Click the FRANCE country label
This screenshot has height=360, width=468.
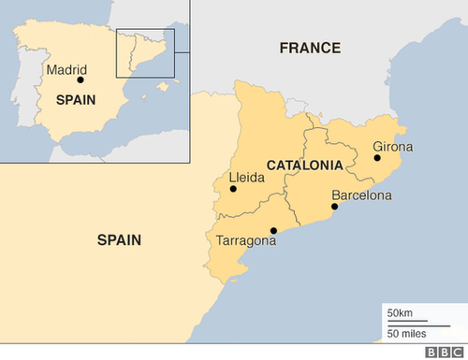click(310, 48)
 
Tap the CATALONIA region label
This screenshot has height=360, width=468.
click(305, 165)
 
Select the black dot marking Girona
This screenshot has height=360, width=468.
click(377, 158)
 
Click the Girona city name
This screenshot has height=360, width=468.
click(393, 147)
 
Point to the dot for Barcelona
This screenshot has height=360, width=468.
click(334, 206)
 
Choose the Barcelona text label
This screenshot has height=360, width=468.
click(361, 195)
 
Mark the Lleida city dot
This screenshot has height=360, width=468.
click(233, 189)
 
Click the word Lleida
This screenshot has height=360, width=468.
click(247, 177)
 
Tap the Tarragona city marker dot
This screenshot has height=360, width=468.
click(274, 231)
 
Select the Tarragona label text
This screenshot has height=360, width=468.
click(246, 241)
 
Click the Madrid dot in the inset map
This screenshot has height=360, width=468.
click(80, 80)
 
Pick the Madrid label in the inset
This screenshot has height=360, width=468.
click(67, 70)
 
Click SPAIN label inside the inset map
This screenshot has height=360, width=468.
click(76, 100)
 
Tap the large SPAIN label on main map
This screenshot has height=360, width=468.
click(119, 240)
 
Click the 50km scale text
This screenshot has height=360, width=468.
click(400, 313)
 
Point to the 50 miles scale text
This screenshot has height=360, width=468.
click(406, 333)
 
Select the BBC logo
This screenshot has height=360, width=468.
click(444, 352)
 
